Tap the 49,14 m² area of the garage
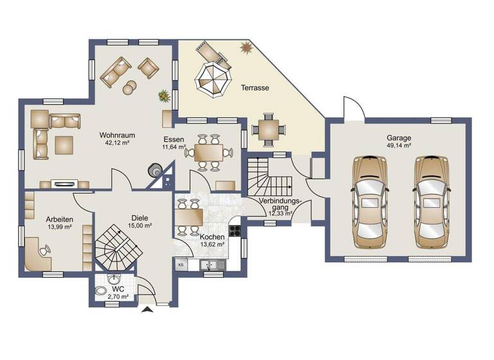(398, 146)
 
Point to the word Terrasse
(255, 87)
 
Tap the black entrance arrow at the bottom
(147, 310)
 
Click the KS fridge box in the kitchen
(180, 264)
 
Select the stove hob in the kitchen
(235, 230)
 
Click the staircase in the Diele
(116, 248)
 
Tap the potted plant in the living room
(164, 96)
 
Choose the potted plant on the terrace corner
(245, 47)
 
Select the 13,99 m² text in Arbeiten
(59, 227)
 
